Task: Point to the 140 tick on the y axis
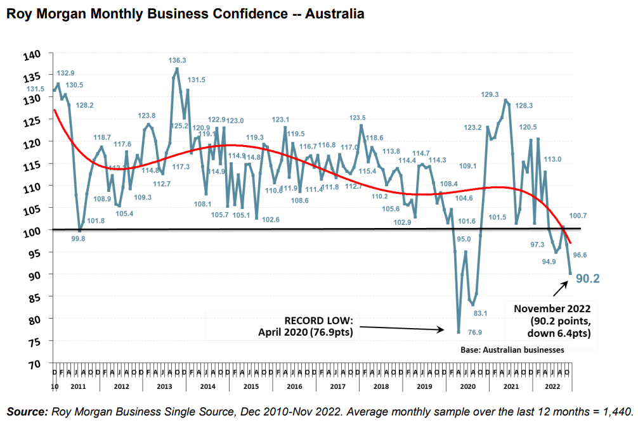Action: point(32,55)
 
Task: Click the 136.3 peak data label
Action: point(178,61)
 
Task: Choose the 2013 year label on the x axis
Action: point(164,385)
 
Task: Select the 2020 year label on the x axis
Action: point(468,385)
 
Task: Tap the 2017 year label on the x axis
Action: point(337,385)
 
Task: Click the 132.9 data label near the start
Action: point(65,73)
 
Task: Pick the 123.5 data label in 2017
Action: point(358,118)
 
